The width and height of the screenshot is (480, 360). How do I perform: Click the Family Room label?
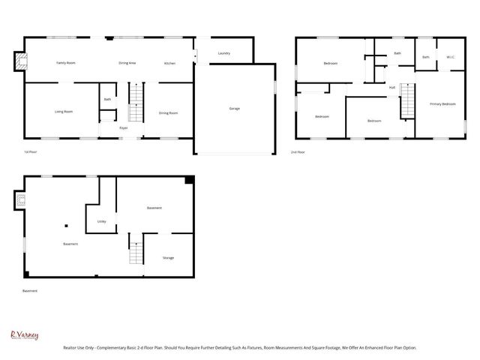66,63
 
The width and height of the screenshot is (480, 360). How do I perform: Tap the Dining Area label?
127,63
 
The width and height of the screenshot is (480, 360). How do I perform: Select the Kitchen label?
170,63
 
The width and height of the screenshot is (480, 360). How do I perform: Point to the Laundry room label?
223,53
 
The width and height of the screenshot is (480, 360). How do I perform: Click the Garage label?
235,109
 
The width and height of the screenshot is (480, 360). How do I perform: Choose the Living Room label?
64,112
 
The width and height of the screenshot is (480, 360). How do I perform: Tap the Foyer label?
124,128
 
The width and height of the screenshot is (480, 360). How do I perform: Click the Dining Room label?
168,112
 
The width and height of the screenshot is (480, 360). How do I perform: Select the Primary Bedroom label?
442,103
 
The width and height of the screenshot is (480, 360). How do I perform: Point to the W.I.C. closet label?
450,58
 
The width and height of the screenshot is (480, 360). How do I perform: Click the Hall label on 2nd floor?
391,88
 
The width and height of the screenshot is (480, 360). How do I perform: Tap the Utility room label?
101,221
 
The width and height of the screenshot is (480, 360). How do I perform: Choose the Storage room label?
168,258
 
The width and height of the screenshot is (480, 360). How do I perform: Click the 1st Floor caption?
31,152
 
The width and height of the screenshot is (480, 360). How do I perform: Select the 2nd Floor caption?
298,152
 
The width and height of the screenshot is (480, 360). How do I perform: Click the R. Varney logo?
24,336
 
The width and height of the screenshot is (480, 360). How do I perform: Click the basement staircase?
136,250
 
